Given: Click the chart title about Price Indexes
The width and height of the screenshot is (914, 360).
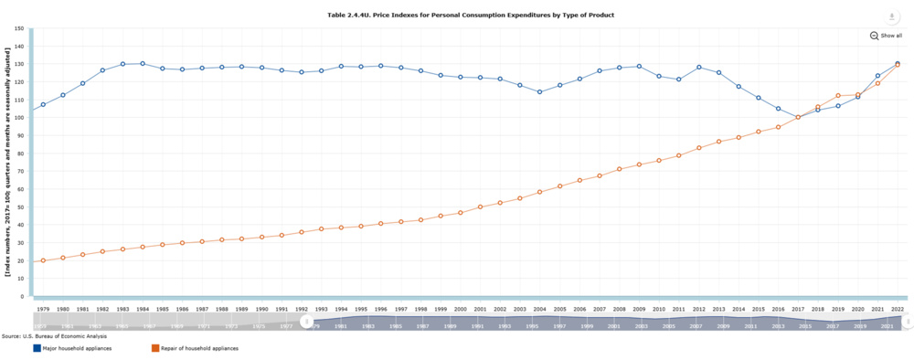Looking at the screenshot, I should (471, 16).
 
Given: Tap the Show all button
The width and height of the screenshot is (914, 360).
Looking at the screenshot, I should (887, 36).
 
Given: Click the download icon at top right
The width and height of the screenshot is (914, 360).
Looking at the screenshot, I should (890, 17).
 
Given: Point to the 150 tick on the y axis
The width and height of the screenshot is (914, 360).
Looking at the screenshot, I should (19, 28).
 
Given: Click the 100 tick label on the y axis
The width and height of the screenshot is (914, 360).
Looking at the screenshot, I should (19, 117).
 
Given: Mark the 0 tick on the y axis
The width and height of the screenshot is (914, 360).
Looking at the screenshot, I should (21, 296).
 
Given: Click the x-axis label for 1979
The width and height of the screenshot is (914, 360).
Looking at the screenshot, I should (43, 310).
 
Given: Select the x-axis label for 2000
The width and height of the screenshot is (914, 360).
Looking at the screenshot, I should (461, 310).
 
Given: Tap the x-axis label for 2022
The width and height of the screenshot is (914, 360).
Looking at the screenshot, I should (898, 310).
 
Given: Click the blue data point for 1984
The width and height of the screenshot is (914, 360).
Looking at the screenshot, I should (143, 64).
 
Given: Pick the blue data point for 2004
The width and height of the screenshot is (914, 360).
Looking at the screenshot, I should (540, 92).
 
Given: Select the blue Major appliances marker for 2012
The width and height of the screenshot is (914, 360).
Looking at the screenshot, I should (699, 67).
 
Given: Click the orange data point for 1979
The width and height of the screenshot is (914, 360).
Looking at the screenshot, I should (43, 260).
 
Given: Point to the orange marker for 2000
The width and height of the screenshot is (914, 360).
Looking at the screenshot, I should (461, 213).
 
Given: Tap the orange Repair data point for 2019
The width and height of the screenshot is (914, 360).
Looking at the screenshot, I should (838, 96).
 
